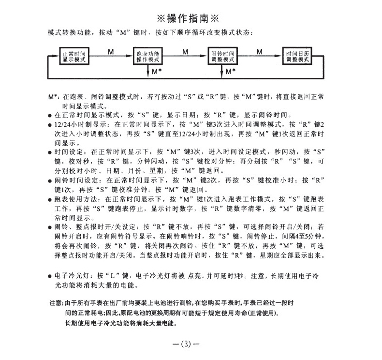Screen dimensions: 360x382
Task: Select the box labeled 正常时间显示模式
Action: [74, 57]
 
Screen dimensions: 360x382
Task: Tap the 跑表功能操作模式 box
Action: [148, 57]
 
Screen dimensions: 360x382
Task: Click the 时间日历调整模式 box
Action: [297, 57]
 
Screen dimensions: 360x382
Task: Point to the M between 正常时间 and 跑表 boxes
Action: [111, 50]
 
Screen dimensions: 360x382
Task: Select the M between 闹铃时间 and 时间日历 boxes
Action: [260, 50]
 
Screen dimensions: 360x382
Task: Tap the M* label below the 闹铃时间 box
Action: [231, 71]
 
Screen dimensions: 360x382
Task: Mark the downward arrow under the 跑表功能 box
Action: [148, 71]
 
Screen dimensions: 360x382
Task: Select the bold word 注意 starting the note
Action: [55, 302]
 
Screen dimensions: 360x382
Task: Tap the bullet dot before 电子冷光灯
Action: [50, 276]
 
